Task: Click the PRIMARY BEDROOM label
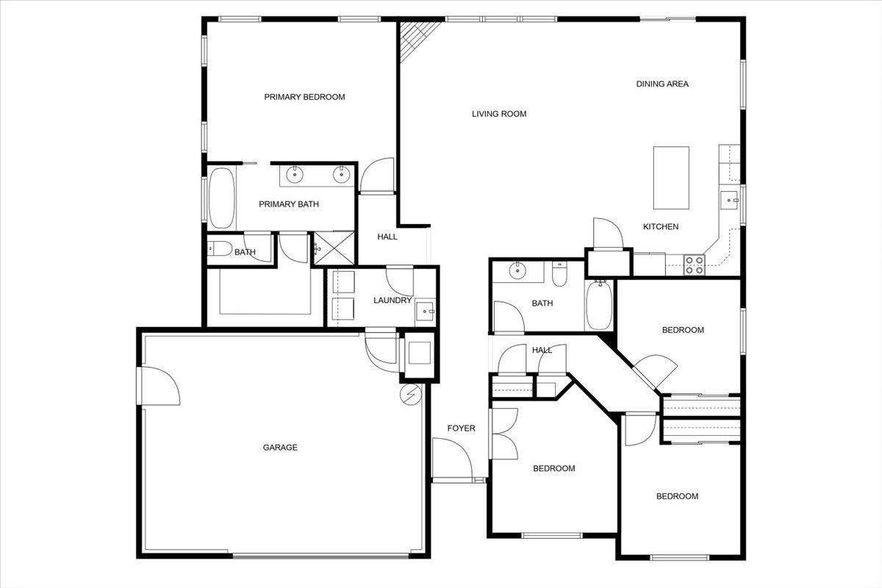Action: point(304,97)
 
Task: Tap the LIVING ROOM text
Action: point(499,114)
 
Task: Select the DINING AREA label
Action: point(662,84)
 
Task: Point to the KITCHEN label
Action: point(661,226)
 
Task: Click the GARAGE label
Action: point(280,448)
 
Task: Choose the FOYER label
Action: point(461,428)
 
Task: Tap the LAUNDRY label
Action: point(392,301)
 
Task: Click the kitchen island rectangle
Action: point(671,178)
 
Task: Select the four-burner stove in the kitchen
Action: point(694,265)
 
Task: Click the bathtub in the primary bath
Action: point(222,198)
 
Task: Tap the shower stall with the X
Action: point(334,248)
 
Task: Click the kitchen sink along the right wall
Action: point(730,201)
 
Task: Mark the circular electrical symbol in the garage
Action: point(410,394)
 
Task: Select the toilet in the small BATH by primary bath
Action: point(220,248)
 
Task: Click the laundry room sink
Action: point(426,311)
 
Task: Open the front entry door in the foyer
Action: point(452,459)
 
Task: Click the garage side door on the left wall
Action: point(159,386)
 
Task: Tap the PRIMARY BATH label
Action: point(289,204)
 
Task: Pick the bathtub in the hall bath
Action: point(599,305)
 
